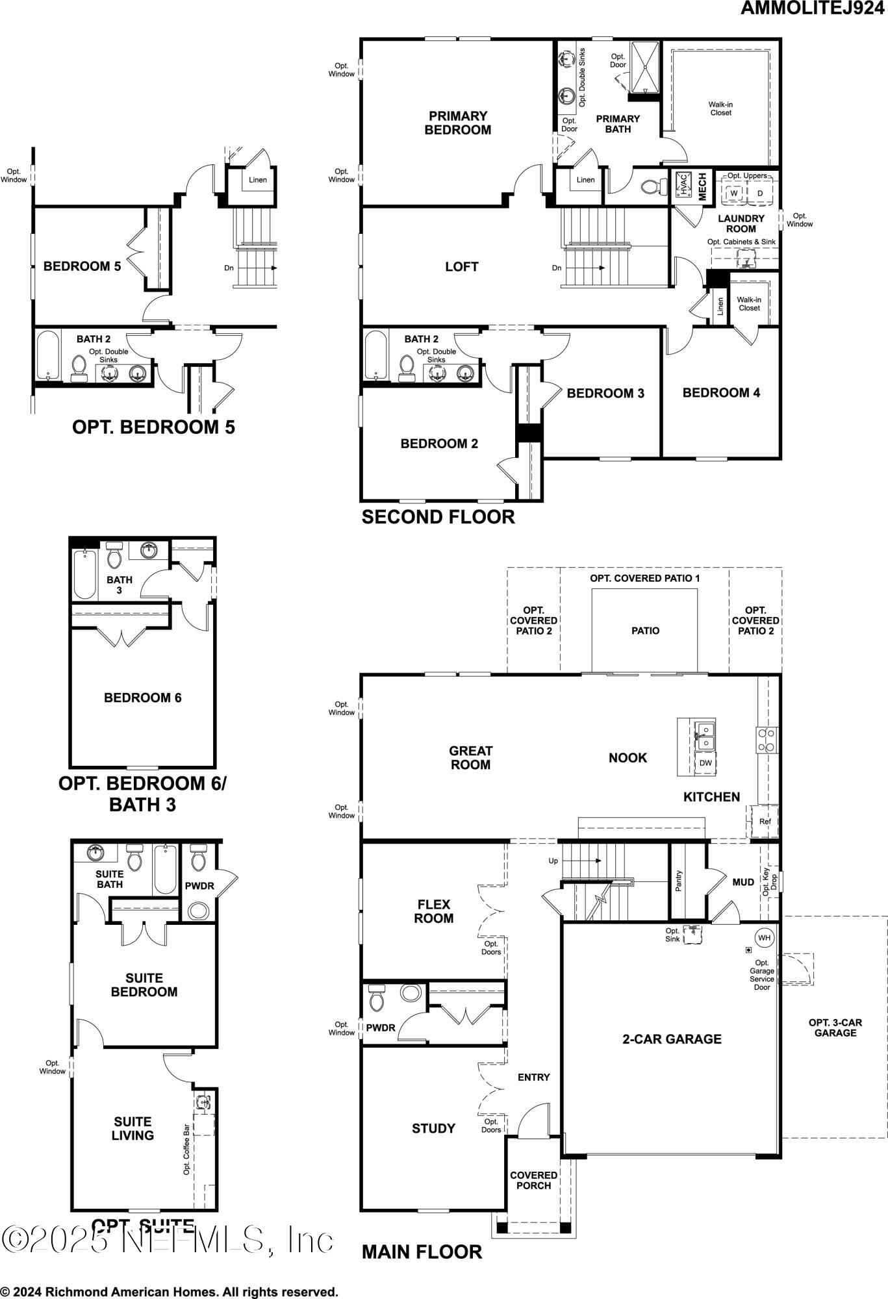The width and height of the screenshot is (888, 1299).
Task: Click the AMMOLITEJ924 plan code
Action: click(x=811, y=9)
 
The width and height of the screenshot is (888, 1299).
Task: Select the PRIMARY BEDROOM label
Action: click(x=458, y=123)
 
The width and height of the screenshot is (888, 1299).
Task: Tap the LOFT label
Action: click(x=462, y=267)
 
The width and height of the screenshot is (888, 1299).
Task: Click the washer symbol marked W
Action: click(x=734, y=194)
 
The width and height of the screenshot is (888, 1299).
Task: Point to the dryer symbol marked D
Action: click(x=760, y=194)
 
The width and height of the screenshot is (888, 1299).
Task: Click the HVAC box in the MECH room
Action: click(x=683, y=184)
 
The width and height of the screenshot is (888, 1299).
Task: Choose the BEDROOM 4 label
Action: click(x=721, y=393)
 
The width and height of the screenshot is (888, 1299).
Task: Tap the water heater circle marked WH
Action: click(x=765, y=938)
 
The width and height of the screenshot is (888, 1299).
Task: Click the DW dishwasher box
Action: click(x=705, y=763)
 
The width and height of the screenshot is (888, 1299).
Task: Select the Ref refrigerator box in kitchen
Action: click(x=765, y=822)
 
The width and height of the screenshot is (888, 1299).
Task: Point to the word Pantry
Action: click(x=679, y=881)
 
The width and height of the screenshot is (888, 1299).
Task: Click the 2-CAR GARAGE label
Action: click(x=672, y=1039)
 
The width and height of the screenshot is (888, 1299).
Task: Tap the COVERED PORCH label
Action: click(x=533, y=1180)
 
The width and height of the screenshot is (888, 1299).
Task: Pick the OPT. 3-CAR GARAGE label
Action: click(x=835, y=1028)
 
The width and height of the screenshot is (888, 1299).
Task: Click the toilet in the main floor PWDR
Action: click(x=377, y=998)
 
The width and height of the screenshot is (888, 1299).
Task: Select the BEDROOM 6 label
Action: click(x=143, y=698)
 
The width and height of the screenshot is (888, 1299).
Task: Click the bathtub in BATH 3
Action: click(x=85, y=574)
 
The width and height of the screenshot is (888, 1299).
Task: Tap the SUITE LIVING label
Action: click(x=133, y=1128)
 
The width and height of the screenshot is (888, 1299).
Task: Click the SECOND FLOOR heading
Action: click(x=438, y=517)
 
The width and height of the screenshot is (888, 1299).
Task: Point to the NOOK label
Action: click(x=628, y=758)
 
